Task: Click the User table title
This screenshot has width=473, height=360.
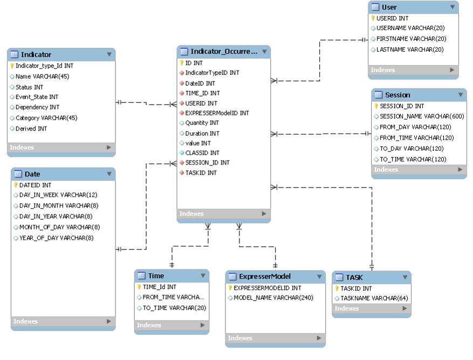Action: pos(389,7)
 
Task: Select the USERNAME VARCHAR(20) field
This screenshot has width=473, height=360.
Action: pos(410,28)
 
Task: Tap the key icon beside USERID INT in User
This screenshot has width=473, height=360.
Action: pos(373,18)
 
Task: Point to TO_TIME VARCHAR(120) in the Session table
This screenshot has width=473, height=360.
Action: pos(413,160)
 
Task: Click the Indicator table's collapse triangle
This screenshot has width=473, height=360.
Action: pos(109,54)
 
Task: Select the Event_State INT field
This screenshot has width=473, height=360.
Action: pos(37,97)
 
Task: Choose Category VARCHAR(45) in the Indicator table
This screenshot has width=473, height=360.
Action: pos(46,118)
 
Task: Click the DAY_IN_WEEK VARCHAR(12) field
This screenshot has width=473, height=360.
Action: pos(58,195)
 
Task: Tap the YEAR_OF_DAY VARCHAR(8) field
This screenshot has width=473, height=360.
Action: pos(56,238)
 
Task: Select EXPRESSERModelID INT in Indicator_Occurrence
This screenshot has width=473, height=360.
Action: pos(217,113)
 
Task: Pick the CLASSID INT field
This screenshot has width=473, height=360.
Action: pos(202,153)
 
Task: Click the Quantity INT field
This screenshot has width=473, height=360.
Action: pos(202,123)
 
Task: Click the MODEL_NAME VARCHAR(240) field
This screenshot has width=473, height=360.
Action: pos(274,298)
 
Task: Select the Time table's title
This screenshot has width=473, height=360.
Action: pos(156,276)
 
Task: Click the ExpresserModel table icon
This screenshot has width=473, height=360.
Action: pos(232,276)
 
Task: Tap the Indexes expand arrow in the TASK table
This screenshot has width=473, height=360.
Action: pos(405,309)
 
